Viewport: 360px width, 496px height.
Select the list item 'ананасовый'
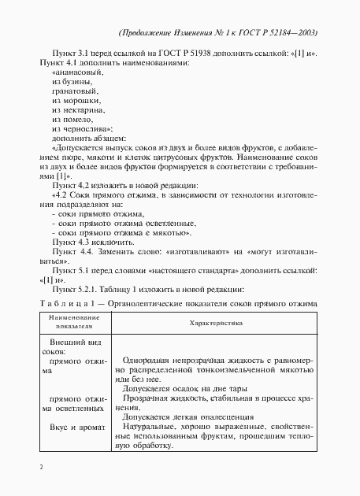[77, 71]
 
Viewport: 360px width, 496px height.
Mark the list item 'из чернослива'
[81, 128]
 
